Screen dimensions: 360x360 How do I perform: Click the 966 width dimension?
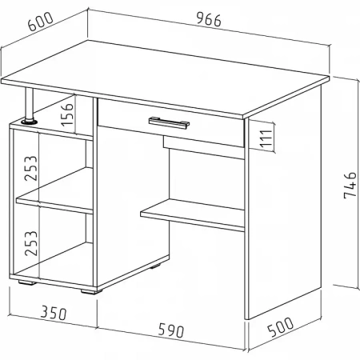[x=209, y=20]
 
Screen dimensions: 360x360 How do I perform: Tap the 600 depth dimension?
[x=41, y=22]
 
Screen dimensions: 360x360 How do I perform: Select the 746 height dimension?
[x=350, y=185]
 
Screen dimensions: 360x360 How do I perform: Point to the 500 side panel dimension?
[x=280, y=327]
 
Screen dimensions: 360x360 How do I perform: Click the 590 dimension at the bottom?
[x=171, y=330]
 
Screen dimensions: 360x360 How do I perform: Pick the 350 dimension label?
[x=54, y=313]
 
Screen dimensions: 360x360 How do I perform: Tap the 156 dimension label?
[x=67, y=114]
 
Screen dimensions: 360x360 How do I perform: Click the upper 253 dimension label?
[x=31, y=168]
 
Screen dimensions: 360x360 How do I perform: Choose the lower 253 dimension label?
[x=31, y=243]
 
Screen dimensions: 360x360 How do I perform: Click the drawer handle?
[x=169, y=122]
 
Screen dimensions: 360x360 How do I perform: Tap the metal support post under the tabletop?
[x=30, y=104]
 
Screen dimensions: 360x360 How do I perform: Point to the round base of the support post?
[x=29, y=122]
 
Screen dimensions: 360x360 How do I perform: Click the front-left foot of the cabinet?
[x=26, y=282]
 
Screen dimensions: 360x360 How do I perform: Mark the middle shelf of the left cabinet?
[x=54, y=202]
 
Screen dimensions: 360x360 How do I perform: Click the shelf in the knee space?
[x=192, y=215]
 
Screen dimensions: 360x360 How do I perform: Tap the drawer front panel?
[x=171, y=123]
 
